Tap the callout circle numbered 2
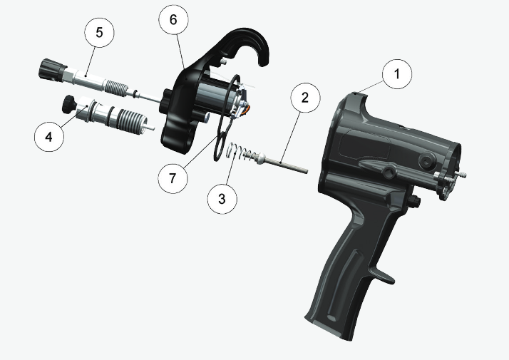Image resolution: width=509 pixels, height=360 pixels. (x=304, y=98)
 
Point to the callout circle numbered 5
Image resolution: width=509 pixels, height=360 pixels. (x=100, y=33)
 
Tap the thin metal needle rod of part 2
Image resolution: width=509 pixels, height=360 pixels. (x=292, y=166)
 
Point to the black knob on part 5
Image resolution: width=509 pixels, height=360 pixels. (x=50, y=71)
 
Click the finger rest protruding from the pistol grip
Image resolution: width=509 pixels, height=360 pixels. (x=386, y=274)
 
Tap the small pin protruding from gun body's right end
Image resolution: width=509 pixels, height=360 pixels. (x=463, y=175)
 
